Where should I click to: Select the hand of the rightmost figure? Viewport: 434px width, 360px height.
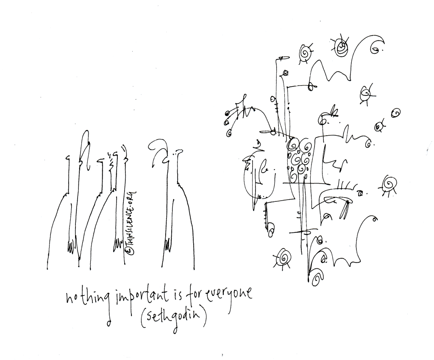168,244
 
